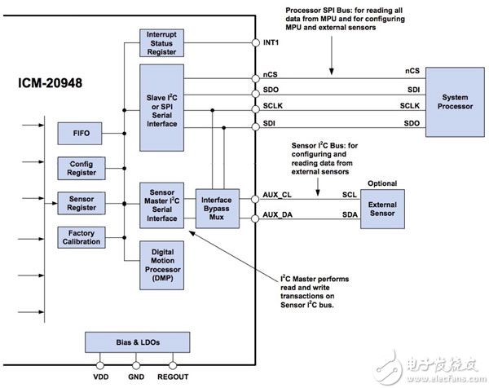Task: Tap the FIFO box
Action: point(81,134)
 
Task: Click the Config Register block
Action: point(81,168)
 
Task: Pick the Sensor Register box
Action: point(81,202)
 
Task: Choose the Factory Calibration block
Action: point(81,237)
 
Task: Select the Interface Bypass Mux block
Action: point(216,207)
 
